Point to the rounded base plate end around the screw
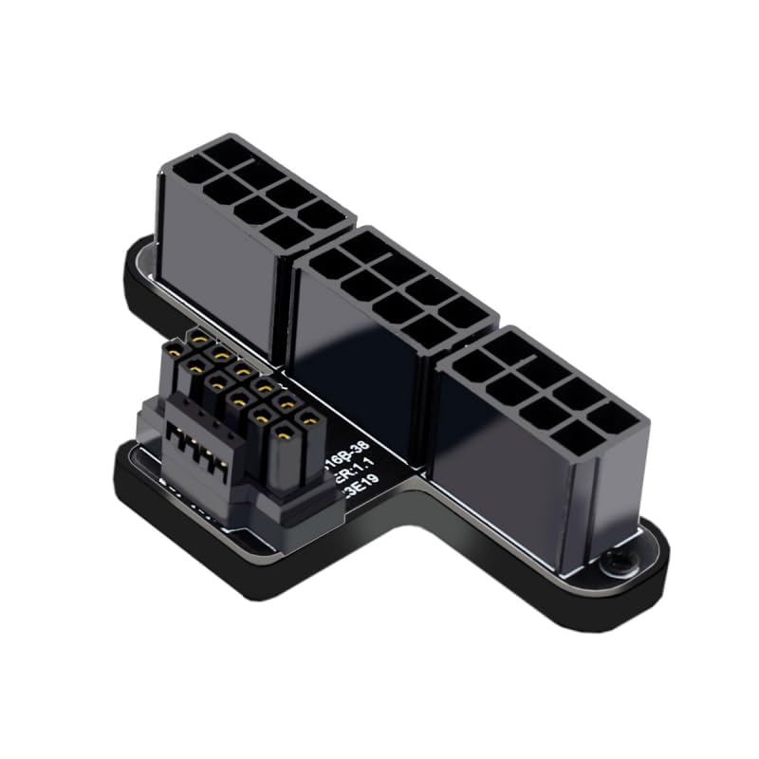tap(636, 569)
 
